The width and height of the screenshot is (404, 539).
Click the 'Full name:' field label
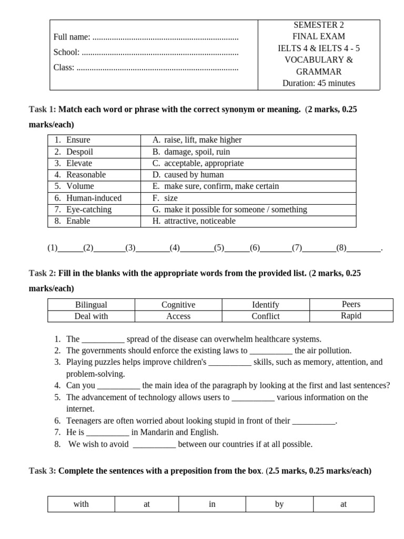click(72, 37)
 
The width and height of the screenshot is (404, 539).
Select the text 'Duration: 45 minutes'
click(318, 83)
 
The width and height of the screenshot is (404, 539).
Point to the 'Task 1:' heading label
click(42, 109)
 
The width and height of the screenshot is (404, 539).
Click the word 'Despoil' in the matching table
click(79, 152)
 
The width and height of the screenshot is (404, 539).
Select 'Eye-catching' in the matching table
click(89, 209)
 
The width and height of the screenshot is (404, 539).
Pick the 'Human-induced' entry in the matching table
click(94, 198)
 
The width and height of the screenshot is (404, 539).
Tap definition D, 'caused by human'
click(194, 175)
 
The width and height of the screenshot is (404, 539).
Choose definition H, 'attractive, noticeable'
click(199, 221)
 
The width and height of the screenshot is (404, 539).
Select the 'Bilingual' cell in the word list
click(91, 305)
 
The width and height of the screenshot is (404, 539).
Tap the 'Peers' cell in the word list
click(351, 304)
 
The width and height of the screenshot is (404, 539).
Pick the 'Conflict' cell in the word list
click(266, 316)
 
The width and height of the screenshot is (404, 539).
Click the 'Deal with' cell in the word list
click(91, 316)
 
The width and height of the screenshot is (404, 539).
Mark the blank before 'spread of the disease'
click(103, 340)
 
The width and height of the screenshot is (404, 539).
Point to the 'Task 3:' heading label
click(42, 471)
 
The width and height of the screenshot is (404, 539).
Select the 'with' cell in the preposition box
click(81, 504)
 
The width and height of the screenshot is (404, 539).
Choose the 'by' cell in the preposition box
click(279, 504)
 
